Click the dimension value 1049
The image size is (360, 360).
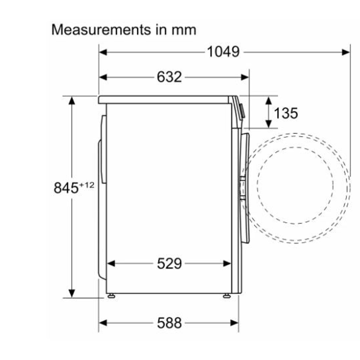223,52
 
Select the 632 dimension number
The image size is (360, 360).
169,77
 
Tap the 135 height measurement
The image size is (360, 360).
286,113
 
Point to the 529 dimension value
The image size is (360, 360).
169,263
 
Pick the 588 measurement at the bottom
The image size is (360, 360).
169,323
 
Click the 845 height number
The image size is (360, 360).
66,188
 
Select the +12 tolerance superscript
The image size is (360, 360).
87,185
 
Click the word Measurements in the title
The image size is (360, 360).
101,30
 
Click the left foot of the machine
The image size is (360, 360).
111,296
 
